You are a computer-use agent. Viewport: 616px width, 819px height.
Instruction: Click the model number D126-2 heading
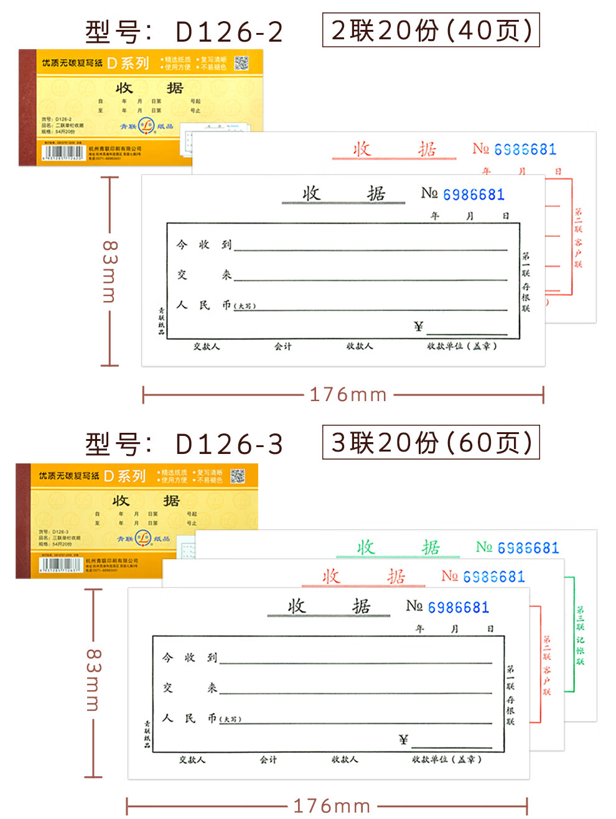[184, 32]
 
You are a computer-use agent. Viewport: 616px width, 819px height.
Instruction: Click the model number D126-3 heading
[184, 444]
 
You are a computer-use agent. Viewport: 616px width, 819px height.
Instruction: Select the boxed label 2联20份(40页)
[431, 30]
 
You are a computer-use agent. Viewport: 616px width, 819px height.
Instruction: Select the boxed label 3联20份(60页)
[431, 442]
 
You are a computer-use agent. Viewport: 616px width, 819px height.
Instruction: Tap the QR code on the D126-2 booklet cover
[241, 63]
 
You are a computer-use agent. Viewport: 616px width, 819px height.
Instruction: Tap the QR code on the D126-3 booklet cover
[238, 476]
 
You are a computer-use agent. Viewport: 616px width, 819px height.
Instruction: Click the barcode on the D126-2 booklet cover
[62, 152]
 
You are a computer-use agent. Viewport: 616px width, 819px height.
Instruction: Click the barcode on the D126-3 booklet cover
[60, 565]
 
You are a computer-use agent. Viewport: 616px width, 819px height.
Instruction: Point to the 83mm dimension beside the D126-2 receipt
[109, 271]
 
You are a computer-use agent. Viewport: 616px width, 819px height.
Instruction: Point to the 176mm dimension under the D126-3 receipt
[332, 807]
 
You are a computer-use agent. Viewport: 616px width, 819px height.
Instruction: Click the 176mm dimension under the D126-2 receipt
[348, 394]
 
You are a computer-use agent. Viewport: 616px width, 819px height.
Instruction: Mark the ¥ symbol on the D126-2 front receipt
[418, 326]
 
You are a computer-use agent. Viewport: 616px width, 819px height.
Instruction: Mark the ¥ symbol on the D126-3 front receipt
[403, 739]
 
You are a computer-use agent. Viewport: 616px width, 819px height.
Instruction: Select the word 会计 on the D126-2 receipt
[283, 346]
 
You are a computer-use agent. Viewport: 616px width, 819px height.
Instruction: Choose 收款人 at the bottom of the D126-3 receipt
[345, 759]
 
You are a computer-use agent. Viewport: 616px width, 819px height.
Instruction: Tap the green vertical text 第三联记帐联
[580, 635]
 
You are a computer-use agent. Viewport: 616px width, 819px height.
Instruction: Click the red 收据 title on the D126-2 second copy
[394, 149]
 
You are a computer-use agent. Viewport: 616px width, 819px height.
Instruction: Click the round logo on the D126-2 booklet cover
[146, 126]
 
